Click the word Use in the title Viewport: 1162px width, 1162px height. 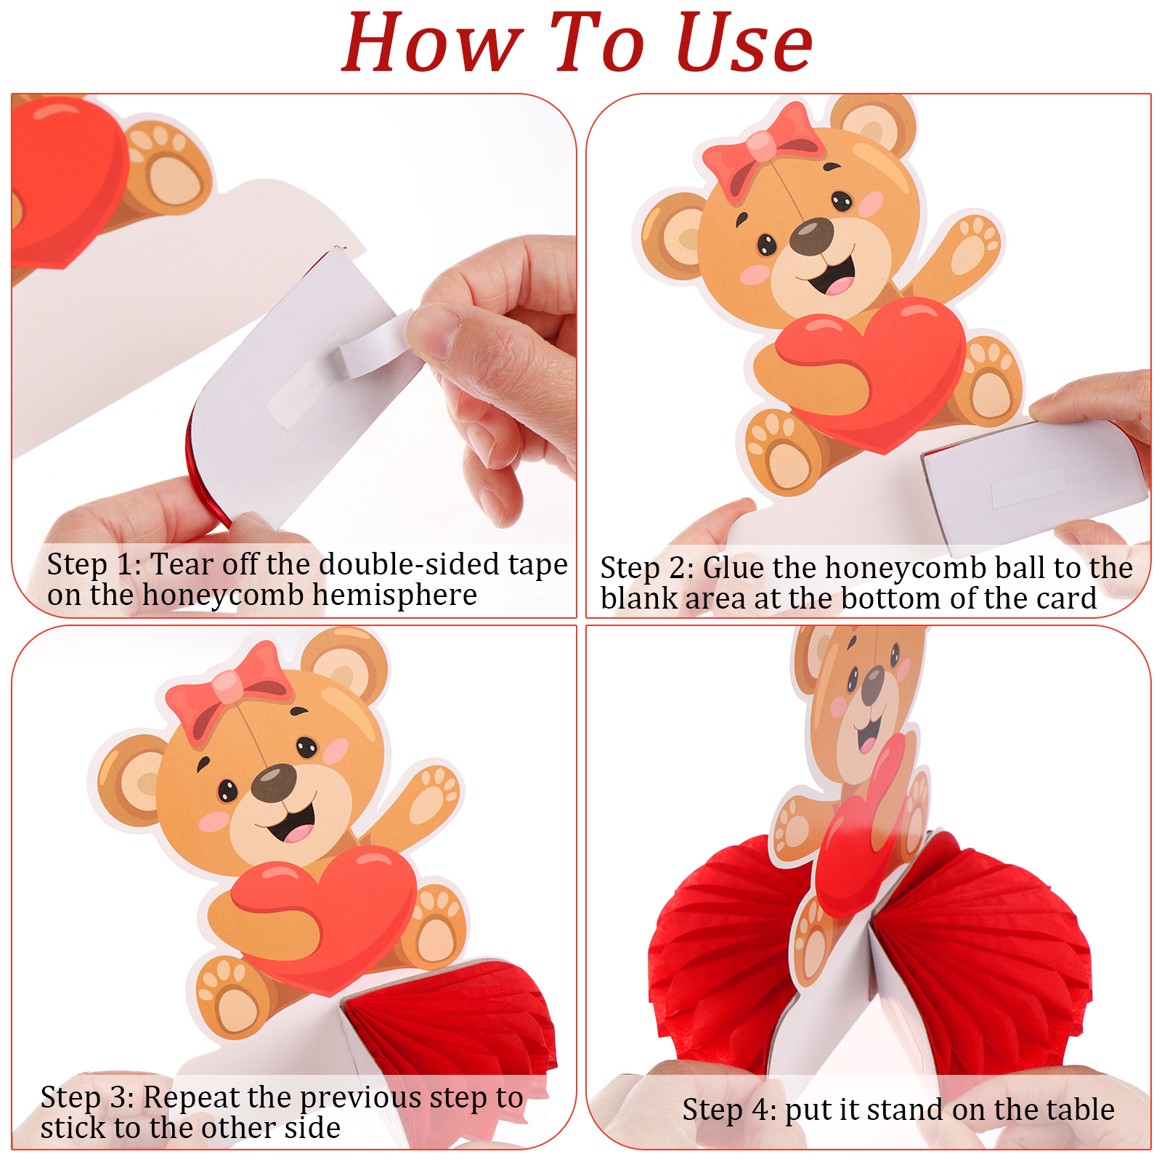tap(744, 44)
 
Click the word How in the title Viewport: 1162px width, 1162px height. tap(434, 44)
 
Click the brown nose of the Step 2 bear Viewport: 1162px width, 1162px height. tap(811, 236)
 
